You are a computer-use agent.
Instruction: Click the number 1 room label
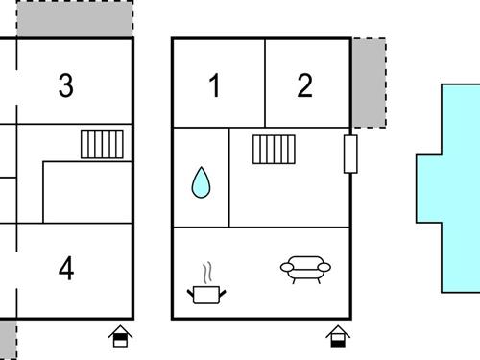215,85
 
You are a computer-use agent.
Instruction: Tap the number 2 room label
304,85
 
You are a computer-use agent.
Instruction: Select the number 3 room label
66,85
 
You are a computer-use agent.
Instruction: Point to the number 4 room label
66,268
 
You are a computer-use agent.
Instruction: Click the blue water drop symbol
201,182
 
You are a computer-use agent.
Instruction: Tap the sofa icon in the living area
305,270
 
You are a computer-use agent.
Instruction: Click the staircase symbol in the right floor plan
274,150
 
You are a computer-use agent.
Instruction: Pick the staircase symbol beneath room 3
102,144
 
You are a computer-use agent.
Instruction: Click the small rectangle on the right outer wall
350,155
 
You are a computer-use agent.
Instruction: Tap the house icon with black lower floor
338,336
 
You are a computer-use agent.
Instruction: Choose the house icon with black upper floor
120,336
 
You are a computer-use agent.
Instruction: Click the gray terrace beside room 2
369,84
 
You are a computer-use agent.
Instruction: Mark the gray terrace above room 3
75,18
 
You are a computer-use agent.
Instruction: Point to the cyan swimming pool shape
454,188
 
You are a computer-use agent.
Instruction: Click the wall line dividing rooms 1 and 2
265,84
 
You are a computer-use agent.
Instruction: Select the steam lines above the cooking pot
207,273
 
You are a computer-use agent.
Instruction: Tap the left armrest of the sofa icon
287,267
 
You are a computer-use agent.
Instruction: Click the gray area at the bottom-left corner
9,339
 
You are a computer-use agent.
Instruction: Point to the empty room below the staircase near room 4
87,192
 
